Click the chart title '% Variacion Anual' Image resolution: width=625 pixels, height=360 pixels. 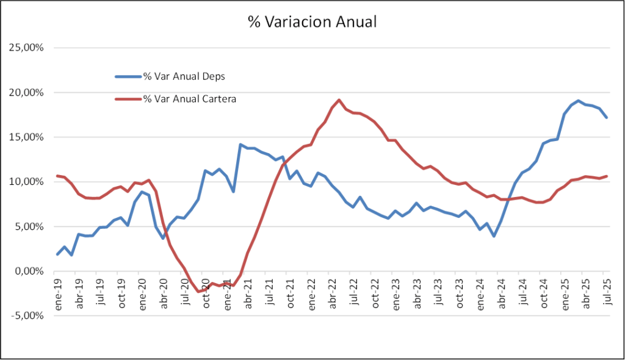(x=312, y=23)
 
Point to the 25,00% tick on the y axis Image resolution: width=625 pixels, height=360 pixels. (x=25, y=48)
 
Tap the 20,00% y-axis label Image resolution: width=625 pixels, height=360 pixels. (x=25, y=93)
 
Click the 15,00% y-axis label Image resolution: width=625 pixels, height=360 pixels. (x=25, y=137)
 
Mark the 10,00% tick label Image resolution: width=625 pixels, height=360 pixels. (x=25, y=182)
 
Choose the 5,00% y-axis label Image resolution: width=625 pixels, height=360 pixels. (x=27, y=226)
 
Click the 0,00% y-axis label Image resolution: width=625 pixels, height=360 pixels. (x=27, y=271)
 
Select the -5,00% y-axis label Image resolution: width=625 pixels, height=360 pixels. (x=26, y=315)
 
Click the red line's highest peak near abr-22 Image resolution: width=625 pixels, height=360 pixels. (x=339, y=100)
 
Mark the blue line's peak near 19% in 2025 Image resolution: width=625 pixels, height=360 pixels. (x=578, y=101)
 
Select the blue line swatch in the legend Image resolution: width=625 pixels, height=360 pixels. (x=128, y=76)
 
